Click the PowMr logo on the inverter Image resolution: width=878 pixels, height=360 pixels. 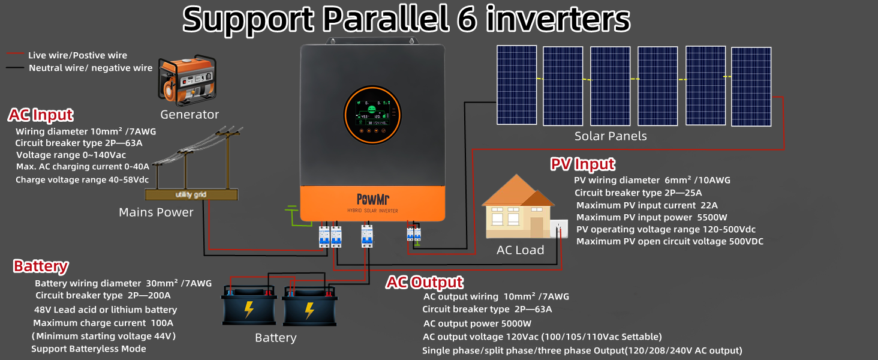372,199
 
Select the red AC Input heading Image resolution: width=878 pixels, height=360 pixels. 41,115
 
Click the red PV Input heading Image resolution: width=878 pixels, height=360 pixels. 582,164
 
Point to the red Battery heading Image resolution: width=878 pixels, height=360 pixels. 41,266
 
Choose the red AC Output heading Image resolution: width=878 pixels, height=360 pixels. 424,282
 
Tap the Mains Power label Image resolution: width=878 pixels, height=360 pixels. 156,212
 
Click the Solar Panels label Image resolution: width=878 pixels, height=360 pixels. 611,136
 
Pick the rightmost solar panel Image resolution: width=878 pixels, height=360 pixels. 751,86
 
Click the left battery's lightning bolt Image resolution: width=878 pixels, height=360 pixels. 249,310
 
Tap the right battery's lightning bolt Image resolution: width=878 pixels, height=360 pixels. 309,310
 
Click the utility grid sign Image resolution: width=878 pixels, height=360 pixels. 191,194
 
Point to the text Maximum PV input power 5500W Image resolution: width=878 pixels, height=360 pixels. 651,217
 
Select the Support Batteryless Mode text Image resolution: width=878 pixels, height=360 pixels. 89,349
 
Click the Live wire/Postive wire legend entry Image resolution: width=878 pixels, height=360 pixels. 77,55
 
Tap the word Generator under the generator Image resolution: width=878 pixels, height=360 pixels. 190,115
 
